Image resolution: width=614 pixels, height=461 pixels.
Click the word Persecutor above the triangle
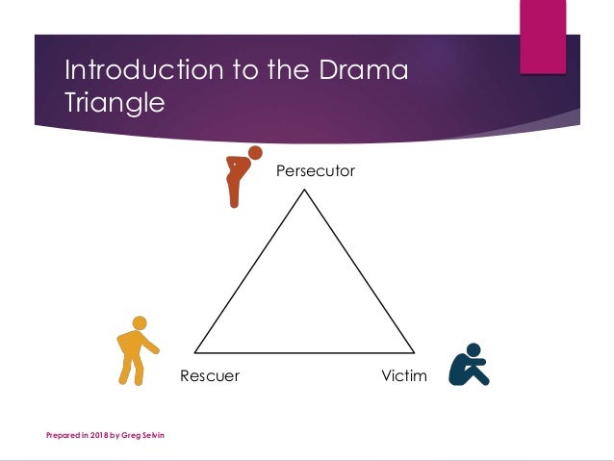[x=316, y=171]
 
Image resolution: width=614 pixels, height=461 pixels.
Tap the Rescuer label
[x=209, y=375]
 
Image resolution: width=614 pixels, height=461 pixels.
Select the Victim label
[x=403, y=375]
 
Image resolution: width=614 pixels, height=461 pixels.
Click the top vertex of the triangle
[x=305, y=190]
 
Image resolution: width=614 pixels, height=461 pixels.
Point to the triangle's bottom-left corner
[x=195, y=352]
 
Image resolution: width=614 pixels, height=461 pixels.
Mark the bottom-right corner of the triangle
[x=415, y=352]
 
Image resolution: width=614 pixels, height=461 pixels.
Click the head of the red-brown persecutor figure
[x=255, y=152]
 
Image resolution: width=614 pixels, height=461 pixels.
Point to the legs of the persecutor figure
[x=233, y=192]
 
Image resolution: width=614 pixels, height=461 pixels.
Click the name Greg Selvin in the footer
[x=142, y=436]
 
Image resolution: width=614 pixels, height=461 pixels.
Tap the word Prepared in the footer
[x=64, y=436]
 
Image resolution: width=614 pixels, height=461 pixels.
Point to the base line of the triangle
[x=305, y=352]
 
